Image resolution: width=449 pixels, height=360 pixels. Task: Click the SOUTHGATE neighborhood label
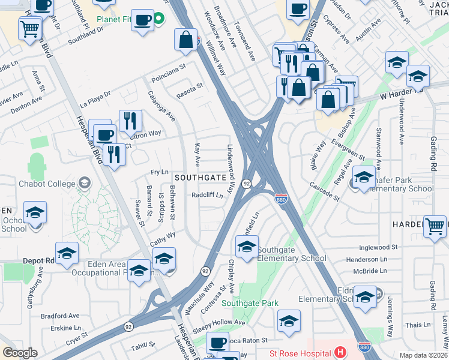click(200, 178)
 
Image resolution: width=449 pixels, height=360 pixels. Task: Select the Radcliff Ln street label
click(207, 195)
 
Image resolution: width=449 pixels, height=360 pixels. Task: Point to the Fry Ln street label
click(159, 172)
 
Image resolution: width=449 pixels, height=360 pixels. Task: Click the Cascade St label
click(325, 191)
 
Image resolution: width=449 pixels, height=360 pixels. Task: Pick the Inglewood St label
click(378, 247)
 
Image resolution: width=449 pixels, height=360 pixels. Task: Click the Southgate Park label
click(250, 303)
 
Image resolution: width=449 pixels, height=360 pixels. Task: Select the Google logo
click(20, 353)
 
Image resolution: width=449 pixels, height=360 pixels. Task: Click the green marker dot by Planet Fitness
click(158, 19)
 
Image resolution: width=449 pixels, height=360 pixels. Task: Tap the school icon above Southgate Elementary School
click(247, 246)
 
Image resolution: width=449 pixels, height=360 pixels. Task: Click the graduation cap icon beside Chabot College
click(85, 182)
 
